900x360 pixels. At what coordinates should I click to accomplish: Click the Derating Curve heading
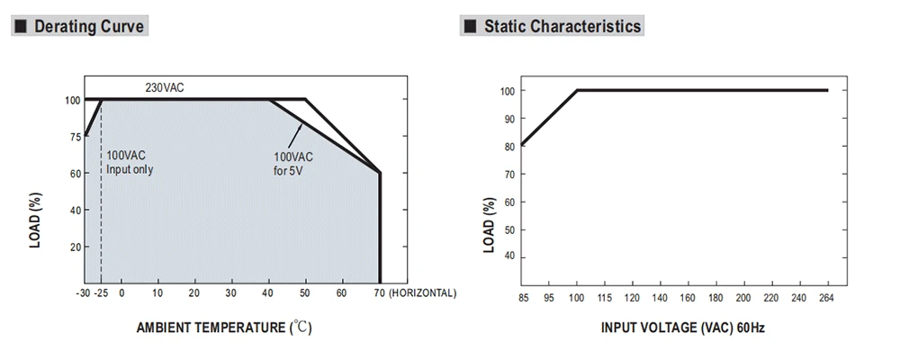[87, 26]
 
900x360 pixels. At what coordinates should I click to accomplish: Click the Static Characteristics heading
[562, 26]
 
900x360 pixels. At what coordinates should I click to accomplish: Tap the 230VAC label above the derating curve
[165, 87]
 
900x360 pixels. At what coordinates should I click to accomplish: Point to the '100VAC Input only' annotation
[130, 162]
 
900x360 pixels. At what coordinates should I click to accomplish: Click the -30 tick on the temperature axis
[82, 293]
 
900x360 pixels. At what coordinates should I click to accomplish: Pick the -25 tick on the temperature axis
[102, 293]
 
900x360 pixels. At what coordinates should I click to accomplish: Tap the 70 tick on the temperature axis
[380, 293]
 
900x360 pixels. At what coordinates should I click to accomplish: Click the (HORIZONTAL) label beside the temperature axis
[423, 293]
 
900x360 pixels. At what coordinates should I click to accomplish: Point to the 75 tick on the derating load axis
[74, 137]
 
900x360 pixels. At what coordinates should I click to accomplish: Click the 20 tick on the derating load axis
[74, 247]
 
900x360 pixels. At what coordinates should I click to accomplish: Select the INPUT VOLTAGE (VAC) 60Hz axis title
[683, 328]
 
